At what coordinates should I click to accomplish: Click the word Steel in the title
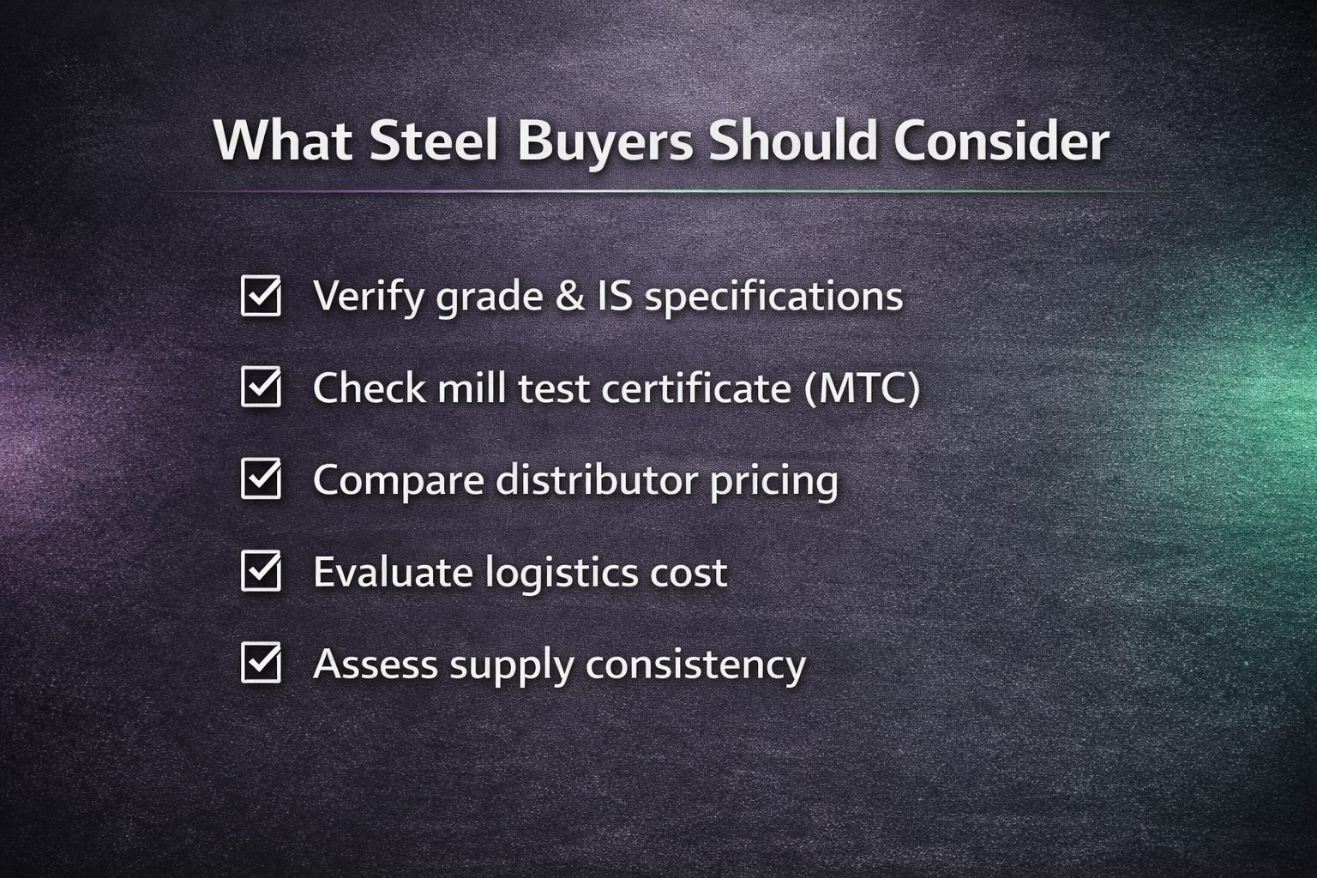tap(434, 141)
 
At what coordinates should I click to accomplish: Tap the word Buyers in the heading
tap(605, 145)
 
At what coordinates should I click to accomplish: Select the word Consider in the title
tap(1001, 141)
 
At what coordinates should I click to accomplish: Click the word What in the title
tap(283, 141)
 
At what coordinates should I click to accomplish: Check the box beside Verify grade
tap(261, 296)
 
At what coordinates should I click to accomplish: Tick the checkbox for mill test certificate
tap(261, 387)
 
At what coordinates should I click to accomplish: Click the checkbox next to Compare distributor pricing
tap(261, 479)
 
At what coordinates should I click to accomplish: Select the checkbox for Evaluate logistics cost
tap(261, 571)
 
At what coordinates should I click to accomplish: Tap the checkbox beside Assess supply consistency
tap(261, 663)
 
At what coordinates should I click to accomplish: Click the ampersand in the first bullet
tap(569, 295)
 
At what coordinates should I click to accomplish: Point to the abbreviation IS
tap(615, 295)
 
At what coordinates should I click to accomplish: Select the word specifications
tap(773, 297)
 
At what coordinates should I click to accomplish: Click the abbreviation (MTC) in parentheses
tap(862, 388)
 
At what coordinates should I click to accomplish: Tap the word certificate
tap(696, 388)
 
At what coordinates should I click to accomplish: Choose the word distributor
tap(596, 480)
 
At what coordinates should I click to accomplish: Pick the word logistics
tap(561, 574)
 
